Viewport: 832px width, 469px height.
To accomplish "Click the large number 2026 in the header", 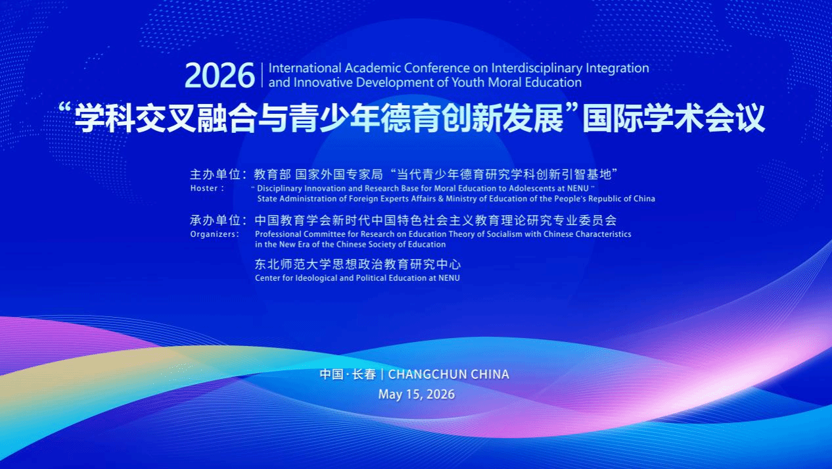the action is pyautogui.click(x=220, y=76).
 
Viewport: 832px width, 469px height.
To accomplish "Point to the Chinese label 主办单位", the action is pyautogui.click(x=216, y=174).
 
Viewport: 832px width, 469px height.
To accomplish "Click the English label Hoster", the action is pyautogui.click(x=204, y=188).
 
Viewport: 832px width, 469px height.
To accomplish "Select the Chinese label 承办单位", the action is pyautogui.click(x=216, y=220).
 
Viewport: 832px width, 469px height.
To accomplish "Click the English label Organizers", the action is pyautogui.click(x=213, y=234).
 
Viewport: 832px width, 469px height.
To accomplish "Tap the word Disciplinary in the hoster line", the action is pyautogui.click(x=279, y=188).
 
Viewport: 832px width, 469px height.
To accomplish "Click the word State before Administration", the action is pyautogui.click(x=267, y=199).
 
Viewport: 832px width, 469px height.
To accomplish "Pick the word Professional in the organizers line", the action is pyautogui.click(x=278, y=234).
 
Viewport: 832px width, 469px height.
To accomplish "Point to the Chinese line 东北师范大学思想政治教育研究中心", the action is pyautogui.click(x=358, y=264).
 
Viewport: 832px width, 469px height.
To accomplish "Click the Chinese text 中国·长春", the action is pyautogui.click(x=348, y=374).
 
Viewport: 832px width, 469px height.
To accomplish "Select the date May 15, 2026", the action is pyautogui.click(x=417, y=394).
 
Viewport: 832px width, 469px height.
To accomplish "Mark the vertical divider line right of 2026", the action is pyautogui.click(x=262, y=75).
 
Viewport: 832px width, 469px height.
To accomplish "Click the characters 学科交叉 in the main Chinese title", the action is pyautogui.click(x=135, y=118).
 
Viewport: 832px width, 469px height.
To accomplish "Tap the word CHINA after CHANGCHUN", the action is pyautogui.click(x=490, y=374).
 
